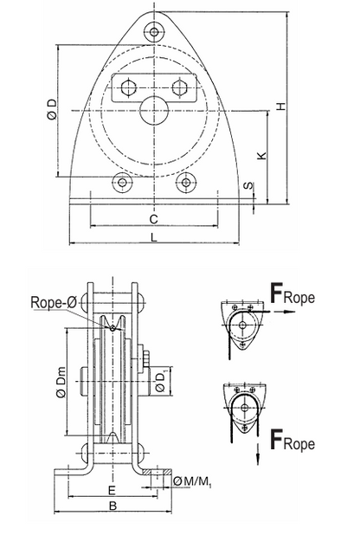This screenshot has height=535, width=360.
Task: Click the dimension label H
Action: click(280, 106)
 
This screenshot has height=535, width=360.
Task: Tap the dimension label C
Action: click(153, 219)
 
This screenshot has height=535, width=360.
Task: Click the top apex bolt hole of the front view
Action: click(154, 32)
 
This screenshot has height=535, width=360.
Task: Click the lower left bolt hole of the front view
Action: click(124, 183)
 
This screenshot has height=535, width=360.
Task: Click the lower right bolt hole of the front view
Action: click(184, 183)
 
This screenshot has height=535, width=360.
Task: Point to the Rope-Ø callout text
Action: click(52, 302)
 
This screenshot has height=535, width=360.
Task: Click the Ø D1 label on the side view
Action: click(162, 382)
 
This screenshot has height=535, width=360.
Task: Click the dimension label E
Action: click(112, 491)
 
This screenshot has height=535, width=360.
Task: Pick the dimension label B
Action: click(112, 509)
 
